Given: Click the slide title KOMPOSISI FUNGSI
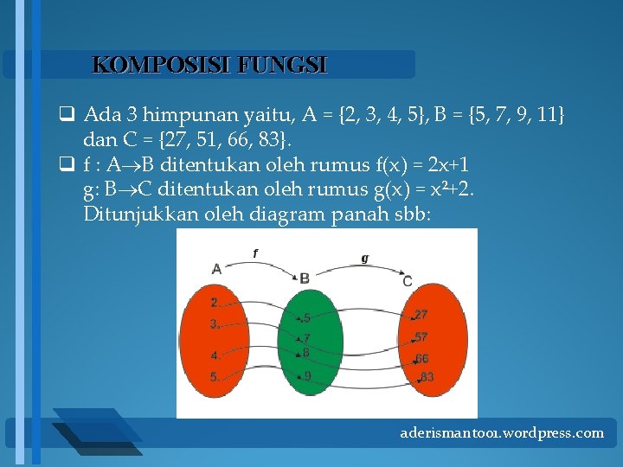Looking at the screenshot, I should click(x=209, y=65).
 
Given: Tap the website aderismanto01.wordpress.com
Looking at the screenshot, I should click(x=502, y=432).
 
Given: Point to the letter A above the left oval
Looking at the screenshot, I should click(x=216, y=269).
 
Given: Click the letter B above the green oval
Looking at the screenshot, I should click(x=305, y=278).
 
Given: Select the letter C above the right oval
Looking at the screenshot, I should click(x=408, y=281).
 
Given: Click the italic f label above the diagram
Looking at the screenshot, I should click(x=255, y=253).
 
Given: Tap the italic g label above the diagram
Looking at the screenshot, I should click(x=364, y=258).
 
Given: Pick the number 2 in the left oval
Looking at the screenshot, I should click(x=214, y=303).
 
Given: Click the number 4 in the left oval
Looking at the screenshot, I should click(x=214, y=355).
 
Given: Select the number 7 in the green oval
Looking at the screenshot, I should click(x=307, y=338).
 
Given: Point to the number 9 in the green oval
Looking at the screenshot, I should click(x=308, y=375).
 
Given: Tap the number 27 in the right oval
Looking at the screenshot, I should click(x=421, y=315).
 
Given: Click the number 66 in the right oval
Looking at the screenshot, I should click(x=421, y=358).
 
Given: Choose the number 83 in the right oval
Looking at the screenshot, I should click(x=427, y=377).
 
